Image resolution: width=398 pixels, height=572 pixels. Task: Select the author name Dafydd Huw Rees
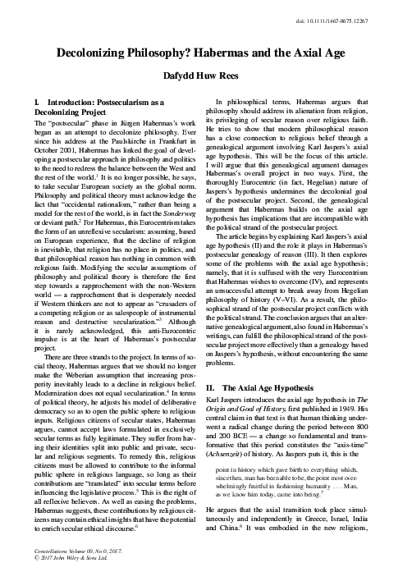tap(199, 73)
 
